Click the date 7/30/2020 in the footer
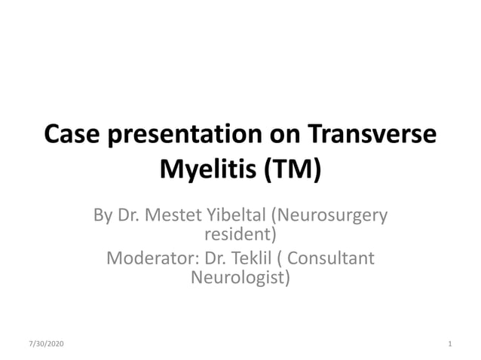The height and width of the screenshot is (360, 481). (46, 344)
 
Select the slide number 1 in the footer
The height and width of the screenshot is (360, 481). (449, 344)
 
